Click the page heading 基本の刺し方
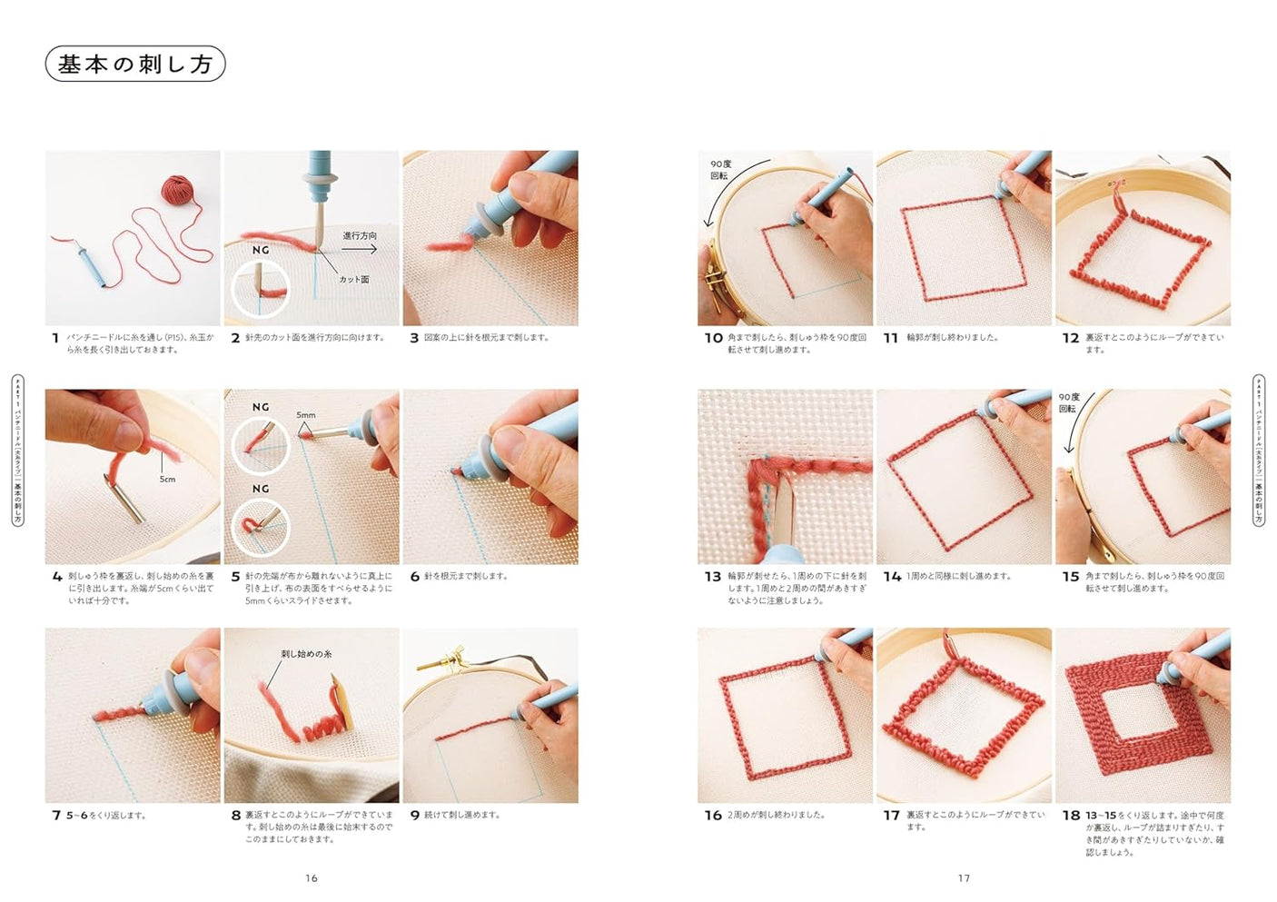(134, 64)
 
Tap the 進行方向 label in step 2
(360, 235)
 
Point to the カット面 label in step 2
(353, 280)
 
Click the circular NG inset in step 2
(261, 289)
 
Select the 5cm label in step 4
(167, 479)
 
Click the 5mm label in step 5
(306, 415)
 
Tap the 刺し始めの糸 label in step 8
(306, 654)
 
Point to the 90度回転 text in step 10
(720, 170)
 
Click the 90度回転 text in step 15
(1069, 402)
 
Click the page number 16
(312, 878)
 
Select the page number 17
(964, 878)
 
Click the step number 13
(712, 577)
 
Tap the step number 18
(1071, 816)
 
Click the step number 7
(56, 816)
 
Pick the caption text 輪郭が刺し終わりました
(952, 338)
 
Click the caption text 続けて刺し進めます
(462, 816)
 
